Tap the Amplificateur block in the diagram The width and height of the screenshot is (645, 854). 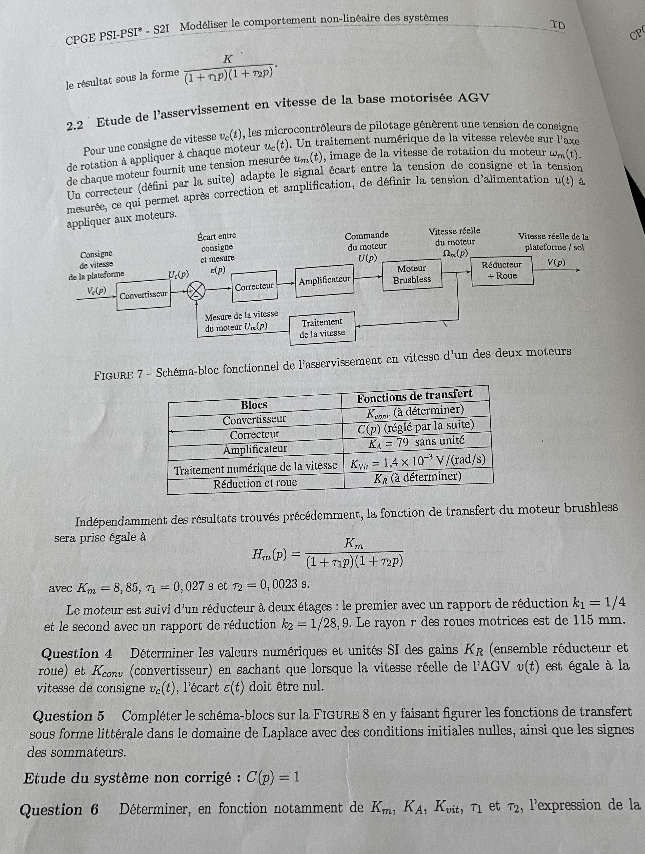point(324,280)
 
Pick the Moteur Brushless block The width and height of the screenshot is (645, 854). point(412,274)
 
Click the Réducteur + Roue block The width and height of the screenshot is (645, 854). point(501,270)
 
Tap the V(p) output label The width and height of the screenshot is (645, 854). point(556,263)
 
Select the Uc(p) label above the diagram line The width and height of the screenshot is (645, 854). point(178,275)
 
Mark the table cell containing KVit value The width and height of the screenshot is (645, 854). point(418,461)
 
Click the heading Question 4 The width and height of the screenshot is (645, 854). point(76,654)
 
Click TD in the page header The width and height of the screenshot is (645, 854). point(557,25)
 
